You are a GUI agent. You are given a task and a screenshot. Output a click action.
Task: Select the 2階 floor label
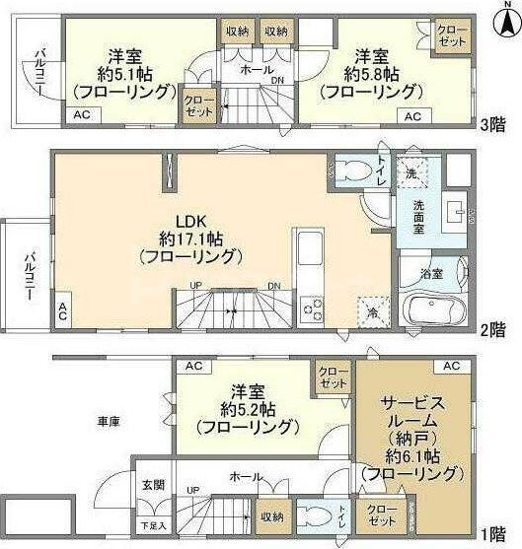(493, 331)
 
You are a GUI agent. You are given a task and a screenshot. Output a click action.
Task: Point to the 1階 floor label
(493, 534)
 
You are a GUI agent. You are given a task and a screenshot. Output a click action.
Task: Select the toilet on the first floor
(314, 515)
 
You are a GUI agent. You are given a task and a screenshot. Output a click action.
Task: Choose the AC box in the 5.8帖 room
(411, 116)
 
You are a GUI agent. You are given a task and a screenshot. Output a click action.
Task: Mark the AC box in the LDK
(61, 312)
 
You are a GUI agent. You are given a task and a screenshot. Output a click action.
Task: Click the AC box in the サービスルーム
(451, 366)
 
